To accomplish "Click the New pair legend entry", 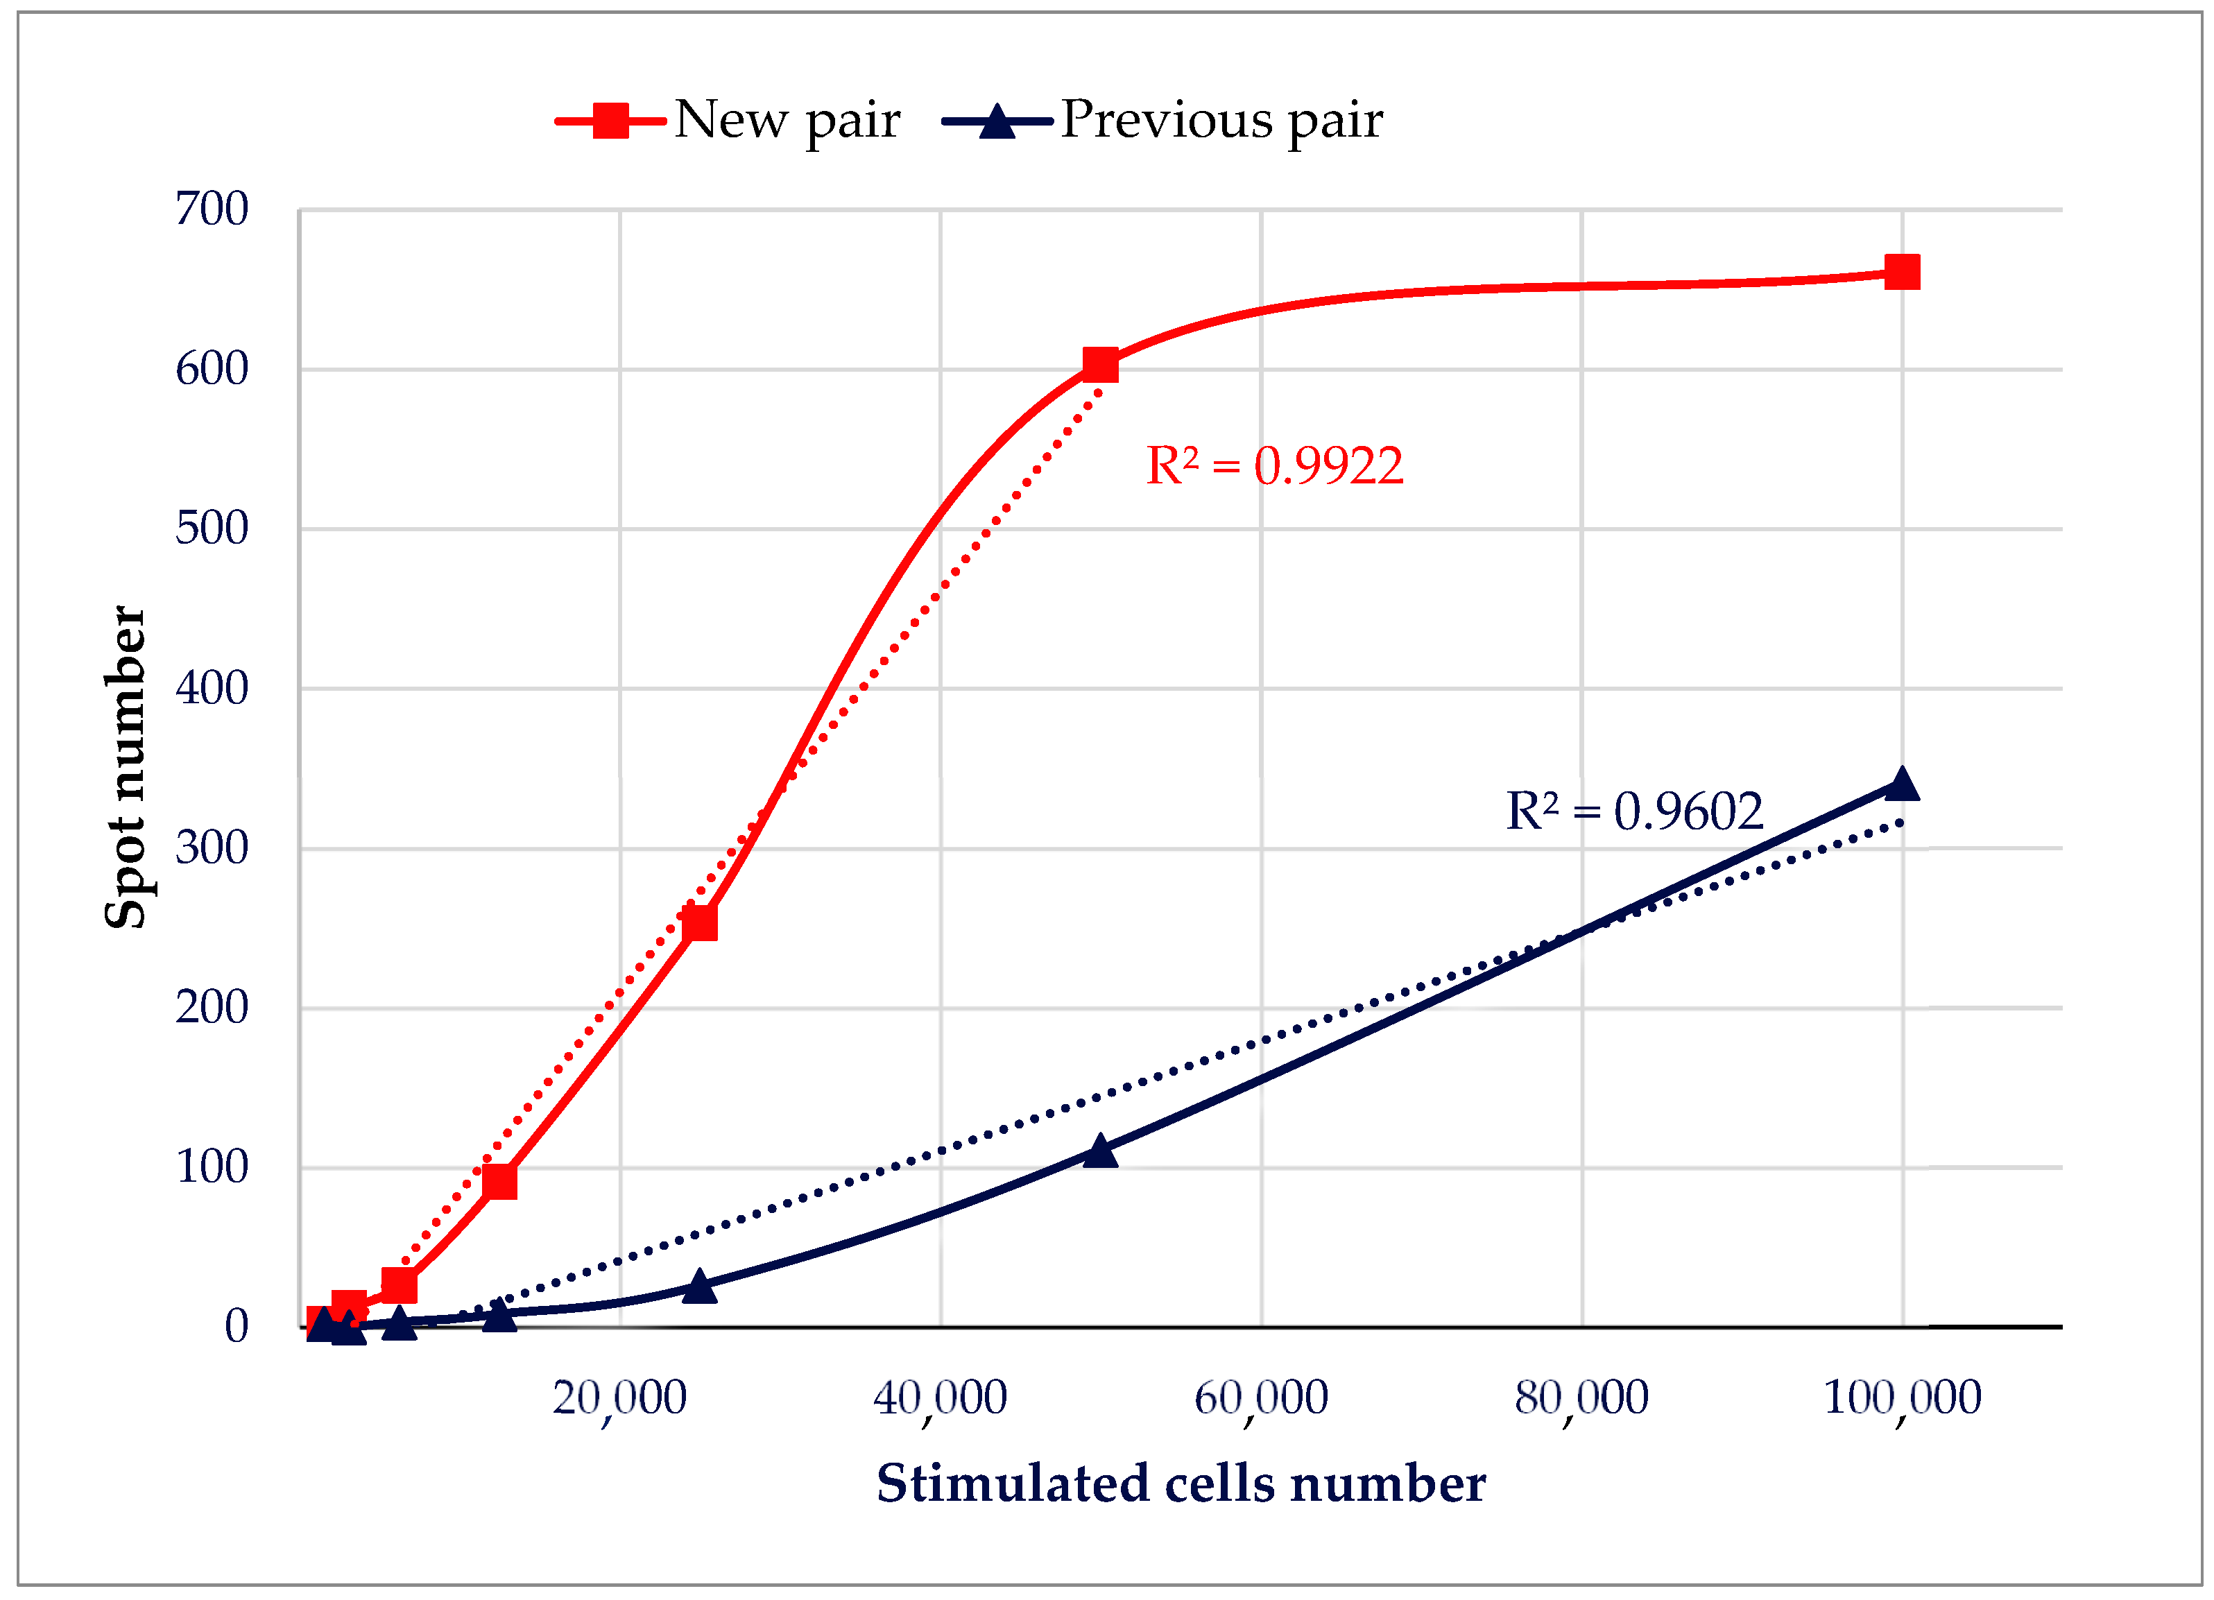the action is point(728,121).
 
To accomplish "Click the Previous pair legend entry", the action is point(1162,121).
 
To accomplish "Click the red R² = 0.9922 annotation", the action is point(1274,465).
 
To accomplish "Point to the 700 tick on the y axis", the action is point(212,209).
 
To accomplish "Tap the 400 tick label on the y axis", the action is point(212,688).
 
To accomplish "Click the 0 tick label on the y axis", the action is point(237,1327).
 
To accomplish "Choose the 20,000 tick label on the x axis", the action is point(620,1399).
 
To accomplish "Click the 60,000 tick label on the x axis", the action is point(1261,1399).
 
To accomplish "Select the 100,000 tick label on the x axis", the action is point(1902,1399).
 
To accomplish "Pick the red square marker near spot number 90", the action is point(500,1181).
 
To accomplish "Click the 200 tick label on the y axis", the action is point(212,1008).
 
